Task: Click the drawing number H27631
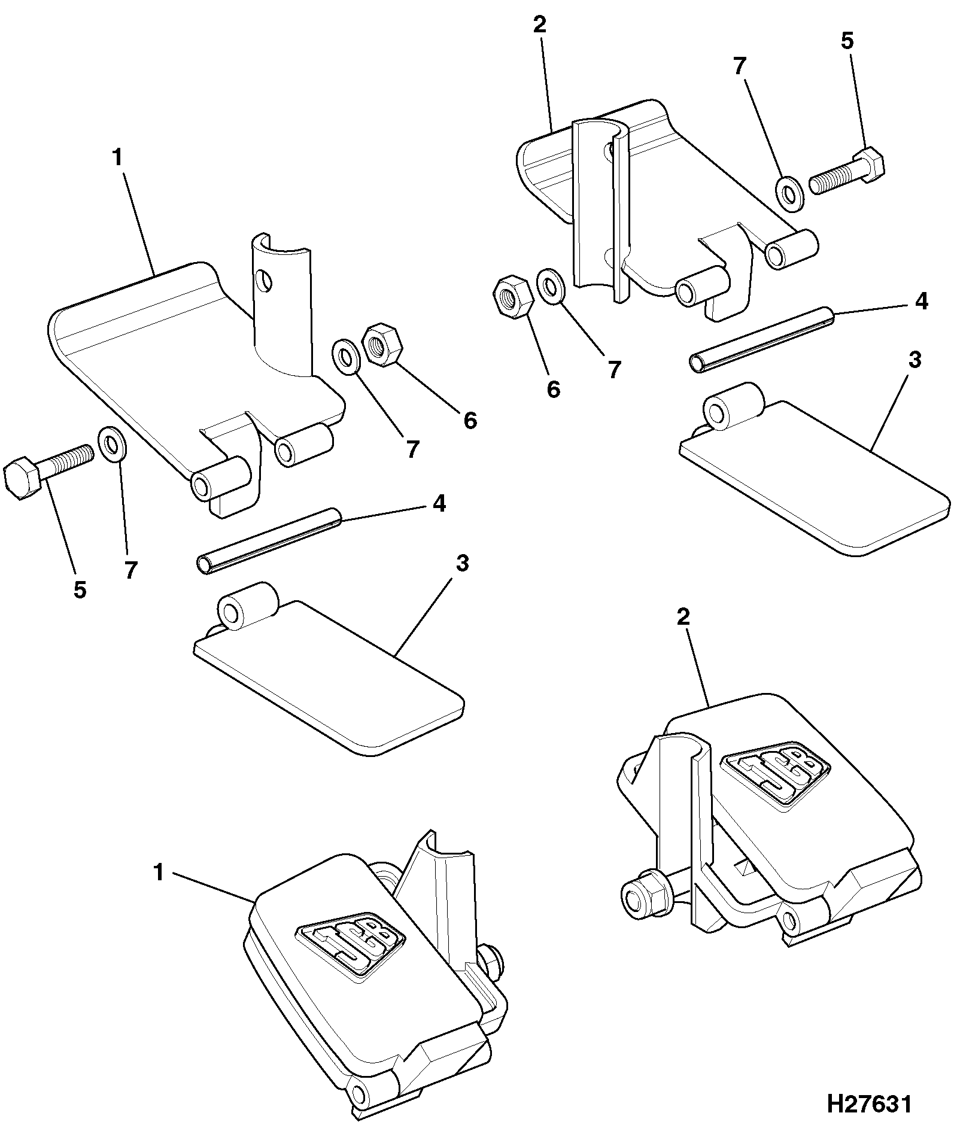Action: [870, 1104]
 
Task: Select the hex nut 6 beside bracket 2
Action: [513, 296]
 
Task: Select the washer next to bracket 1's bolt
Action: [111, 445]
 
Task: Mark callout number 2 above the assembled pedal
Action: [683, 618]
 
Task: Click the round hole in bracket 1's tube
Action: [264, 280]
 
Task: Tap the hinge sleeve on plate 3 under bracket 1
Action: [249, 606]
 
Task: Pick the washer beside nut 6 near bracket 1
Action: [345, 357]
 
